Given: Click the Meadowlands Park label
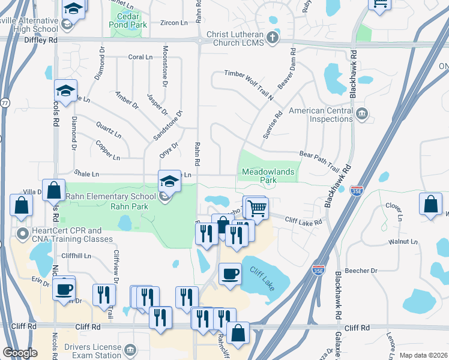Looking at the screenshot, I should (x=268, y=175).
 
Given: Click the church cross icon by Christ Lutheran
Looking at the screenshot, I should (x=273, y=38).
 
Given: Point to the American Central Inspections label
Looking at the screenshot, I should (x=321, y=115).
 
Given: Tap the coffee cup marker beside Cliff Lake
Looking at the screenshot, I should (x=230, y=274).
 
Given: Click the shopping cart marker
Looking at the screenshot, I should (x=257, y=208).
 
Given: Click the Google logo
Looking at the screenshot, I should (x=20, y=353).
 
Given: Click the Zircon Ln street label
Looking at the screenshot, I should (x=175, y=23).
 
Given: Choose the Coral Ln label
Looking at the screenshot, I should (x=140, y=57).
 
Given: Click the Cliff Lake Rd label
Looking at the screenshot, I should (x=304, y=221).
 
